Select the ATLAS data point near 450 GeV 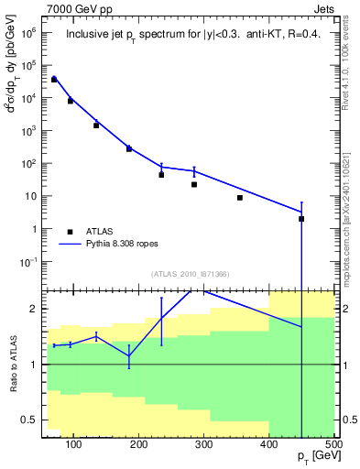coord(301,219)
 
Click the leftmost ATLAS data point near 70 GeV coord(54,80)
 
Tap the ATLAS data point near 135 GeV coord(96,125)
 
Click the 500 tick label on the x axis coord(332,444)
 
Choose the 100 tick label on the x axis coord(74,444)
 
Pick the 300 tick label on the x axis coord(203,444)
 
